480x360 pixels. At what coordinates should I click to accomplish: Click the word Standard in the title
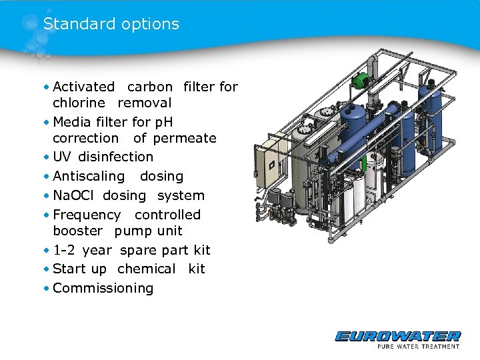tap(73, 24)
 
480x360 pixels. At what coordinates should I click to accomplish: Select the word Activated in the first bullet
tap(83, 87)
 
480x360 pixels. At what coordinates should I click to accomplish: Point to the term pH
tap(163, 122)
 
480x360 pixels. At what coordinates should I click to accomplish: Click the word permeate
tap(185, 139)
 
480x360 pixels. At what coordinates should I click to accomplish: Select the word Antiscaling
tap(88, 177)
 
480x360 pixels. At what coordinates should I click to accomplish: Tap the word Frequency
tap(87, 215)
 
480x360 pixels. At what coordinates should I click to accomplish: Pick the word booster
tap(77, 231)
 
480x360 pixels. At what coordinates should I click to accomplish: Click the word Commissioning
tap(103, 289)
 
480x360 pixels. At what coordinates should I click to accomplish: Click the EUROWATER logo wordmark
tap(397, 336)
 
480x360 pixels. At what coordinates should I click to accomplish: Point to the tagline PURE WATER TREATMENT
tap(418, 346)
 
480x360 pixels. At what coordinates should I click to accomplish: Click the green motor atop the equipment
tap(361, 77)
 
